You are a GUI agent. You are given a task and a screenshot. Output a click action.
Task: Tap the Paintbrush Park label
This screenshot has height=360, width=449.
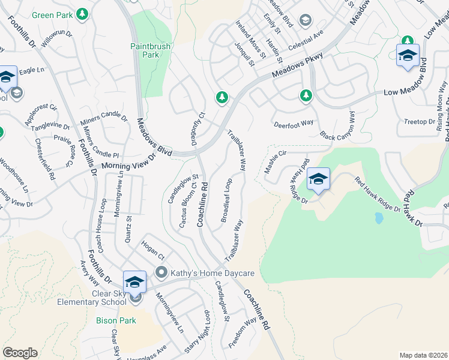pyautogui.click(x=151, y=50)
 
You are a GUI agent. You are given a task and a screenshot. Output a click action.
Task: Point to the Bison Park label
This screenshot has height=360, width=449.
pyautogui.click(x=116, y=320)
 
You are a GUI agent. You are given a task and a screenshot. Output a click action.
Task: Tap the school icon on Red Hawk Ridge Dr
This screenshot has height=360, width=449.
pyautogui.click(x=318, y=179)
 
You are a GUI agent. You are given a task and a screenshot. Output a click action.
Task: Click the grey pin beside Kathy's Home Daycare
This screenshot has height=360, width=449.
pyautogui.click(x=161, y=272)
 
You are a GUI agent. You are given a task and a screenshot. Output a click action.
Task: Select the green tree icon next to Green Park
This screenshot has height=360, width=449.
pyautogui.click(x=82, y=14)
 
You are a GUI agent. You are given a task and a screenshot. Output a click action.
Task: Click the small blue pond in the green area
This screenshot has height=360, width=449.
pyautogui.click(x=378, y=218)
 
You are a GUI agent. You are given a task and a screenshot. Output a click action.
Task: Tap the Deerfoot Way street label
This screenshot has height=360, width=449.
pyautogui.click(x=294, y=123)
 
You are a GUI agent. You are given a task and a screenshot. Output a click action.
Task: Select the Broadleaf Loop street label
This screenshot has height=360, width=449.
pyautogui.click(x=226, y=200)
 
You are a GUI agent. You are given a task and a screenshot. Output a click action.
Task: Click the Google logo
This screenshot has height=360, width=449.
pyautogui.click(x=20, y=353)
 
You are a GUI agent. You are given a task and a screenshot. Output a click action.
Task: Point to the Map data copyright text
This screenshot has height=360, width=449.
pyautogui.click(x=423, y=355)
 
